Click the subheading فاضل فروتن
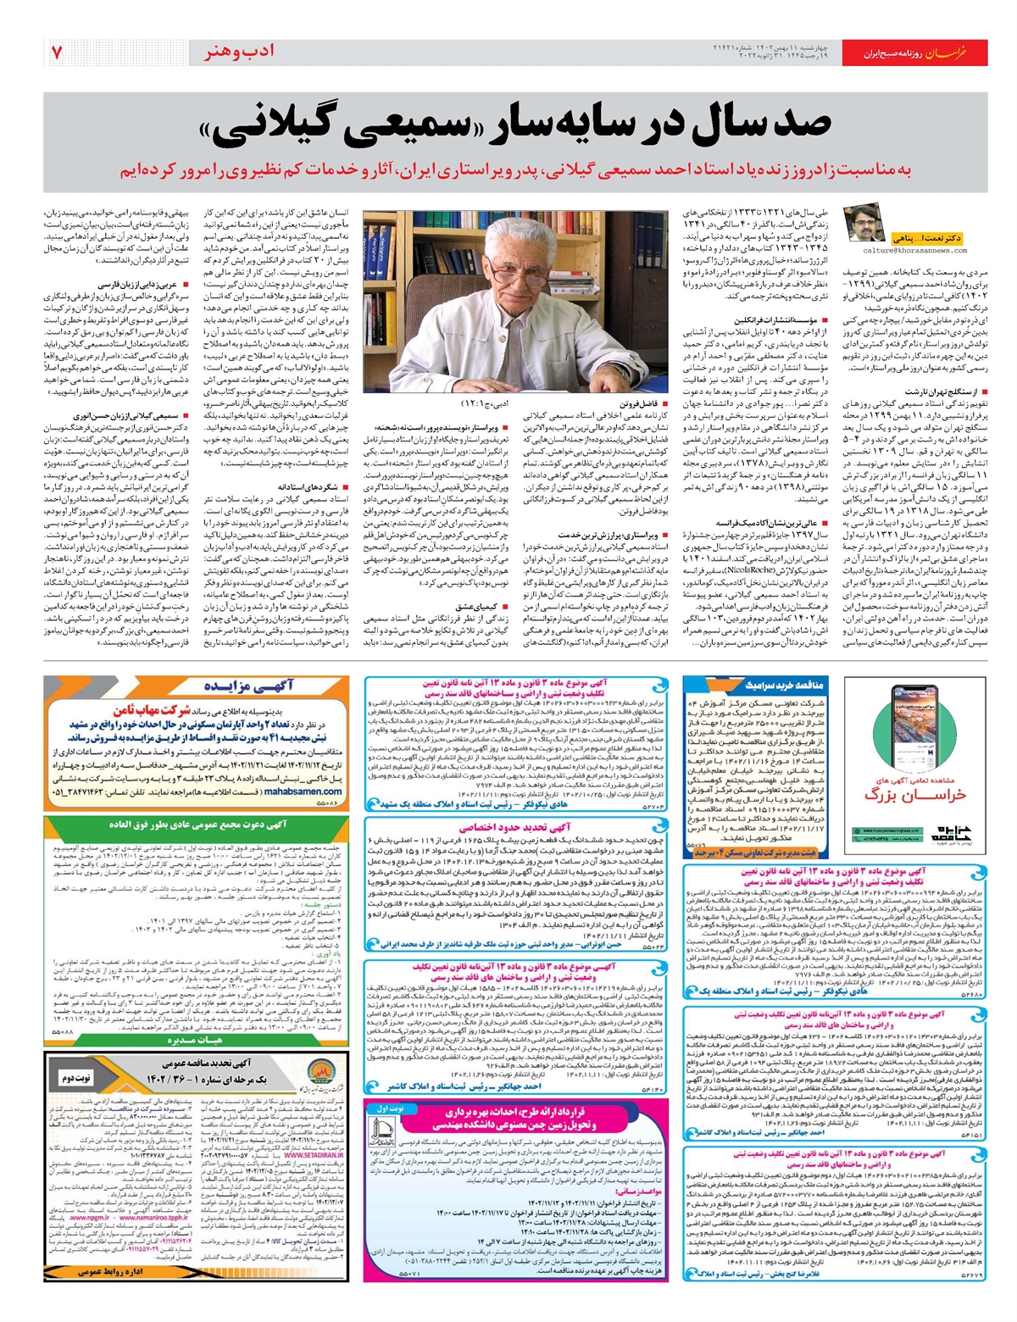(x=637, y=404)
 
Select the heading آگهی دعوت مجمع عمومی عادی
(x=203, y=823)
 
